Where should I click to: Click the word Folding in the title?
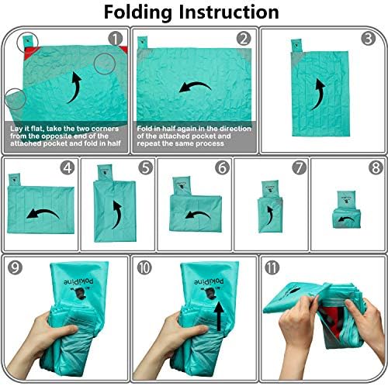coord(138,13)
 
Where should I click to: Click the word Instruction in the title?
coord(229,12)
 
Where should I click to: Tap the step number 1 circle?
coord(116,39)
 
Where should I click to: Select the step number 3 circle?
coord(368,39)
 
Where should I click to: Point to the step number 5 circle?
coord(146,167)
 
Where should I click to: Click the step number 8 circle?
coord(376,167)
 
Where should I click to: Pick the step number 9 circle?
coord(15,267)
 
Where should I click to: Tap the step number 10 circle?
coord(144,267)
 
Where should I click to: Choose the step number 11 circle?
coord(272,267)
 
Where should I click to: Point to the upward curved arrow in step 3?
coord(320,93)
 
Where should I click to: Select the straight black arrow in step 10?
coord(219,315)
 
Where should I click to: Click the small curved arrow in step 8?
coord(347,219)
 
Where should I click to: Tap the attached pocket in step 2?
coord(142,43)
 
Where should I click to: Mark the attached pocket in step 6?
coord(182,186)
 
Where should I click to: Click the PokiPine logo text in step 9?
coord(78,282)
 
